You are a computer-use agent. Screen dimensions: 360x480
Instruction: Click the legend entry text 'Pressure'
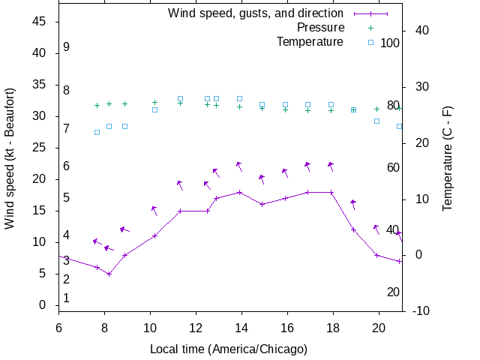coord(320,28)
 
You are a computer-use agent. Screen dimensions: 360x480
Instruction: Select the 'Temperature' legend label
coord(310,41)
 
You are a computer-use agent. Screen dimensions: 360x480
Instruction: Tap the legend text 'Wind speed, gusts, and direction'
coord(256,13)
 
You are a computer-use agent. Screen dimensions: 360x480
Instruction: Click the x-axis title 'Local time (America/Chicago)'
coord(229,349)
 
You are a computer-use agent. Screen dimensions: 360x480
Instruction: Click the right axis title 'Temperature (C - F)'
coord(448,157)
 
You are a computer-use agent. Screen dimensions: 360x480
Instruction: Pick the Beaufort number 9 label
coord(67,47)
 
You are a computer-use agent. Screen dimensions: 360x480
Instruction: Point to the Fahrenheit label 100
coord(390,43)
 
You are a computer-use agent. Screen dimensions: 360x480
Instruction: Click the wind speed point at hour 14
coord(239,192)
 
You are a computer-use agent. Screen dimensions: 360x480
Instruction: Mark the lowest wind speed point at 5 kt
coord(109,274)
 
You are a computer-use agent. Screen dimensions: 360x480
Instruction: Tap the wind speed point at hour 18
coord(331,192)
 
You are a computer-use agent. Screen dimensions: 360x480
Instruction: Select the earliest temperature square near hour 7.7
coord(97,132)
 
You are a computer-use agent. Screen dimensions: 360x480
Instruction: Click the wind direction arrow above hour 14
coord(239,166)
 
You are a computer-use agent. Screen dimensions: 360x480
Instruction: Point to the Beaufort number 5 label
coord(67,198)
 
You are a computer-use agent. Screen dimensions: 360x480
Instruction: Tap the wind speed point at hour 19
coord(353,229)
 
